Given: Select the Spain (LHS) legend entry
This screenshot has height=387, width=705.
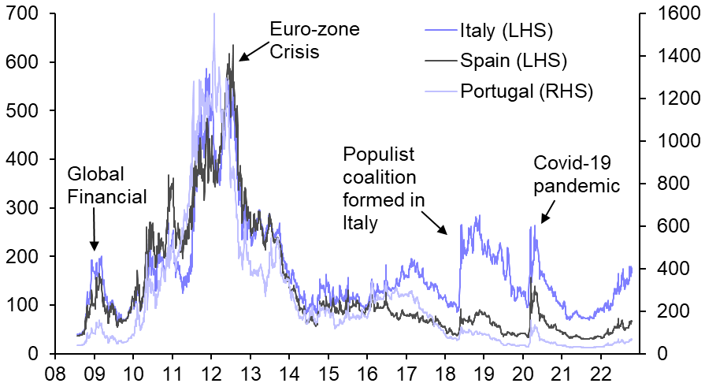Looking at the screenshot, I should (x=513, y=60).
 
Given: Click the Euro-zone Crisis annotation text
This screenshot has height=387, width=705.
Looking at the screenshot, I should (x=314, y=40).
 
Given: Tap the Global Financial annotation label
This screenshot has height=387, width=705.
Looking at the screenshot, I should (x=107, y=184).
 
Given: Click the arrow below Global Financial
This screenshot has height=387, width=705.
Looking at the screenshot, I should (x=94, y=232).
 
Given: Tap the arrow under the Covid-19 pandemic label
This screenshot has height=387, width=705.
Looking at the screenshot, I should (x=547, y=214).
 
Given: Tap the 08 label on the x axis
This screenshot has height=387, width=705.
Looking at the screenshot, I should (x=56, y=372).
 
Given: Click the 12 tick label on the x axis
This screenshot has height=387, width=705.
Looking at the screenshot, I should (x=212, y=372).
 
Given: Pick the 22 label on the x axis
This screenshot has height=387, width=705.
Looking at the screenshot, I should (x=602, y=372).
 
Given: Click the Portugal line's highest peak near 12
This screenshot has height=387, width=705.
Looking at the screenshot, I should (x=213, y=13).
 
